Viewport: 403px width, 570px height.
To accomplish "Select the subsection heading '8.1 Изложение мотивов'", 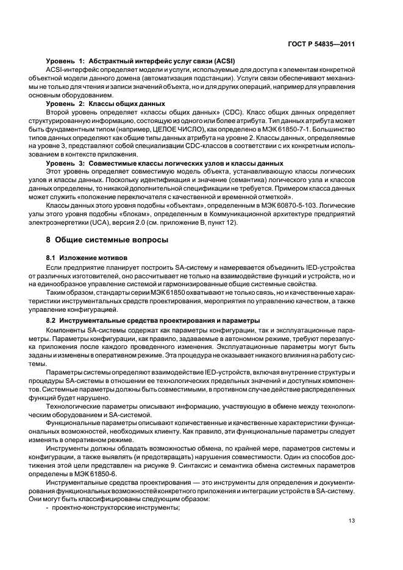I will [86, 259].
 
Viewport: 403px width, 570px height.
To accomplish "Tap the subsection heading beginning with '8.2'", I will [153, 320].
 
